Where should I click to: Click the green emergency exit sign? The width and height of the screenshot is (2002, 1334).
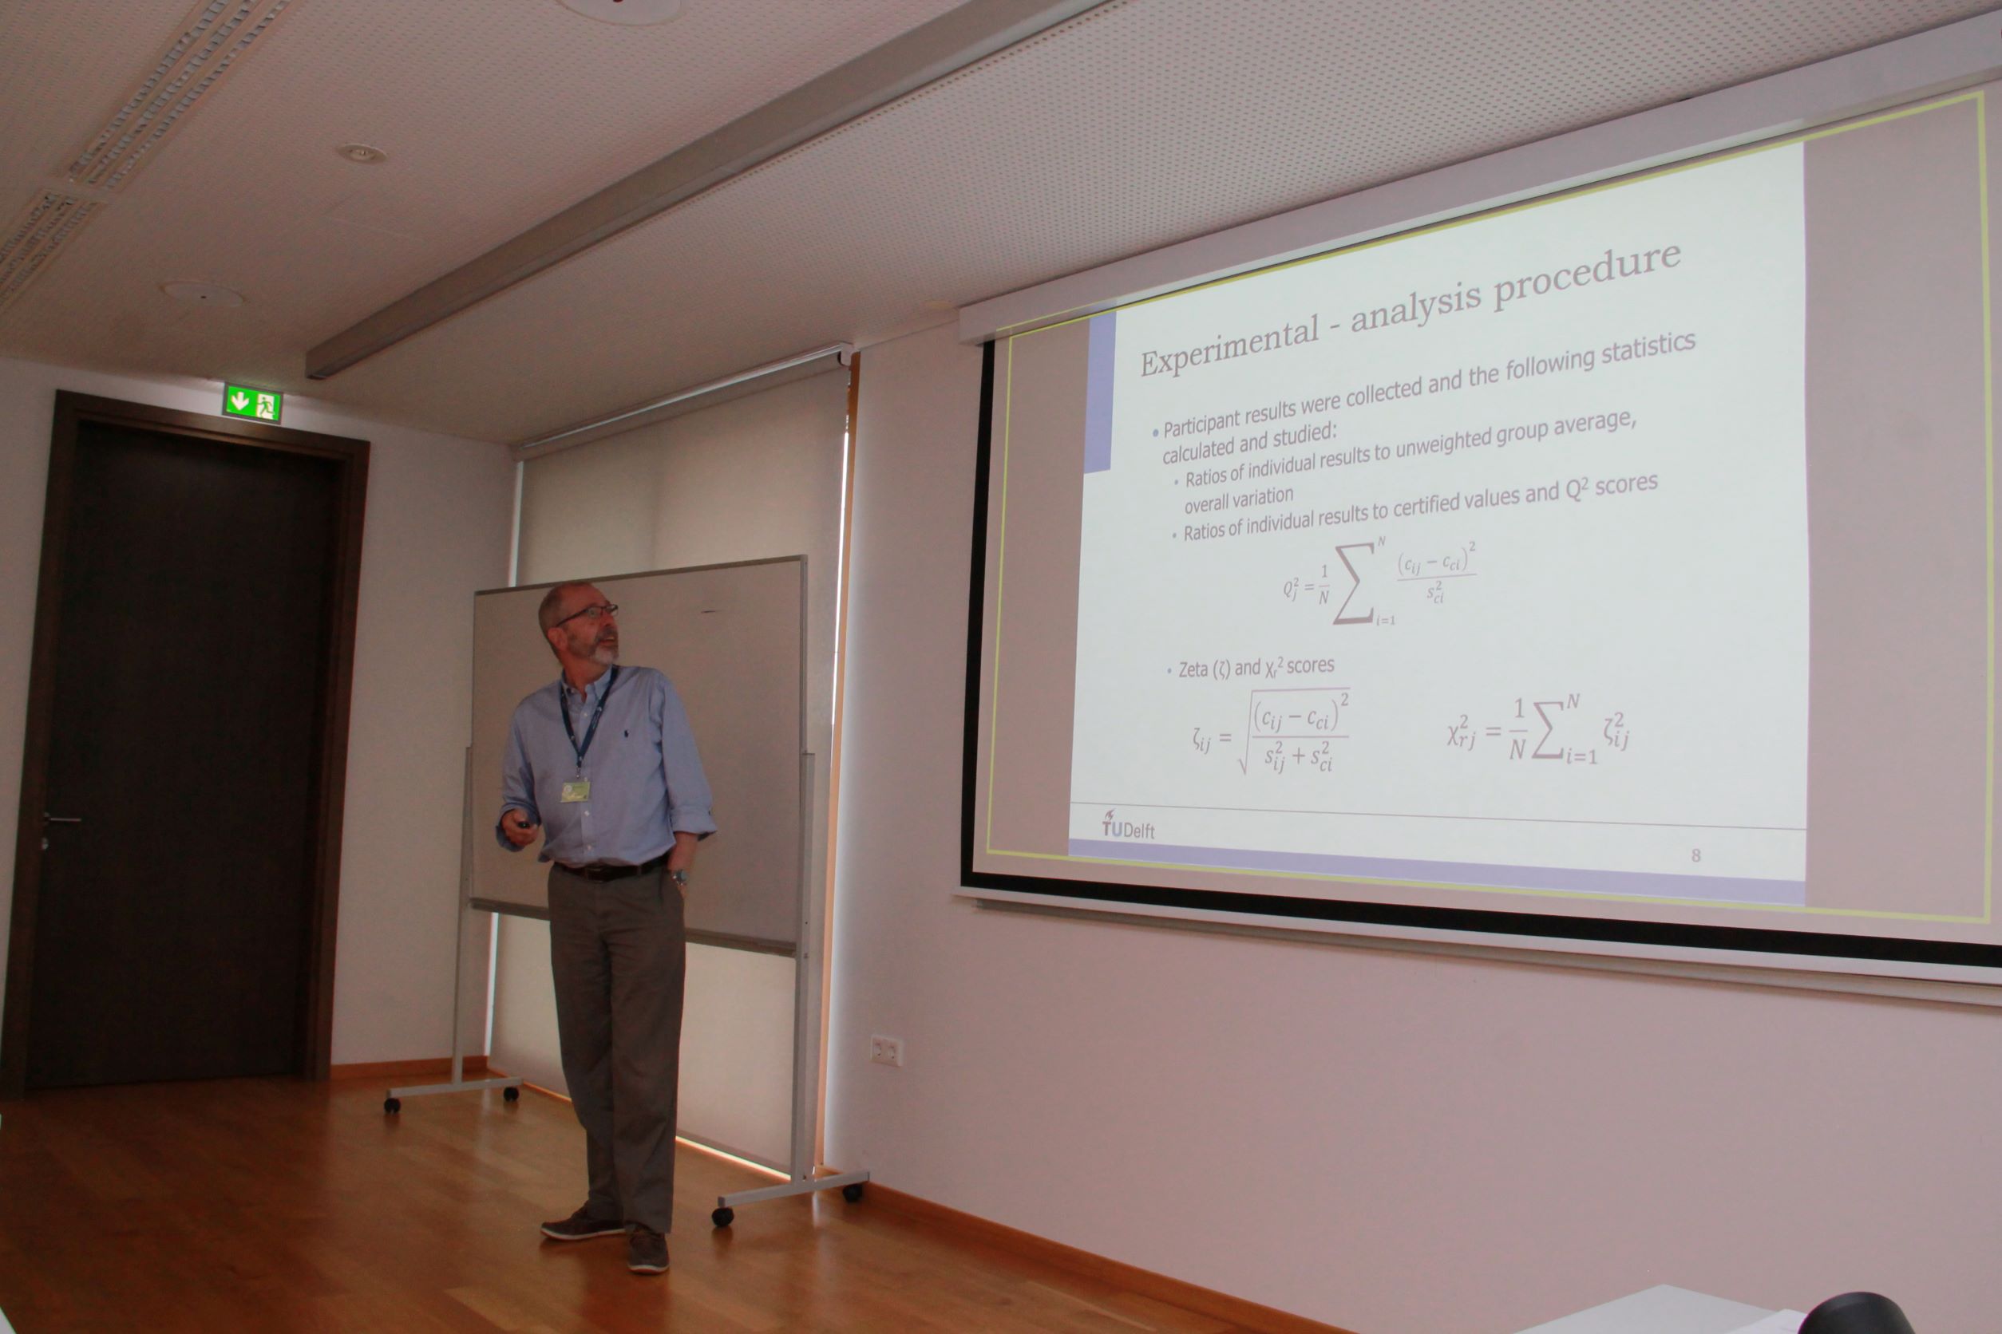coord(252,403)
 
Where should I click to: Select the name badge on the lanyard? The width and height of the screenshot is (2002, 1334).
coord(576,791)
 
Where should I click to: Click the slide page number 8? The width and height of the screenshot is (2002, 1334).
coord(1695,854)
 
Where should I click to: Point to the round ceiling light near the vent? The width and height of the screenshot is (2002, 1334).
coord(361,153)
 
